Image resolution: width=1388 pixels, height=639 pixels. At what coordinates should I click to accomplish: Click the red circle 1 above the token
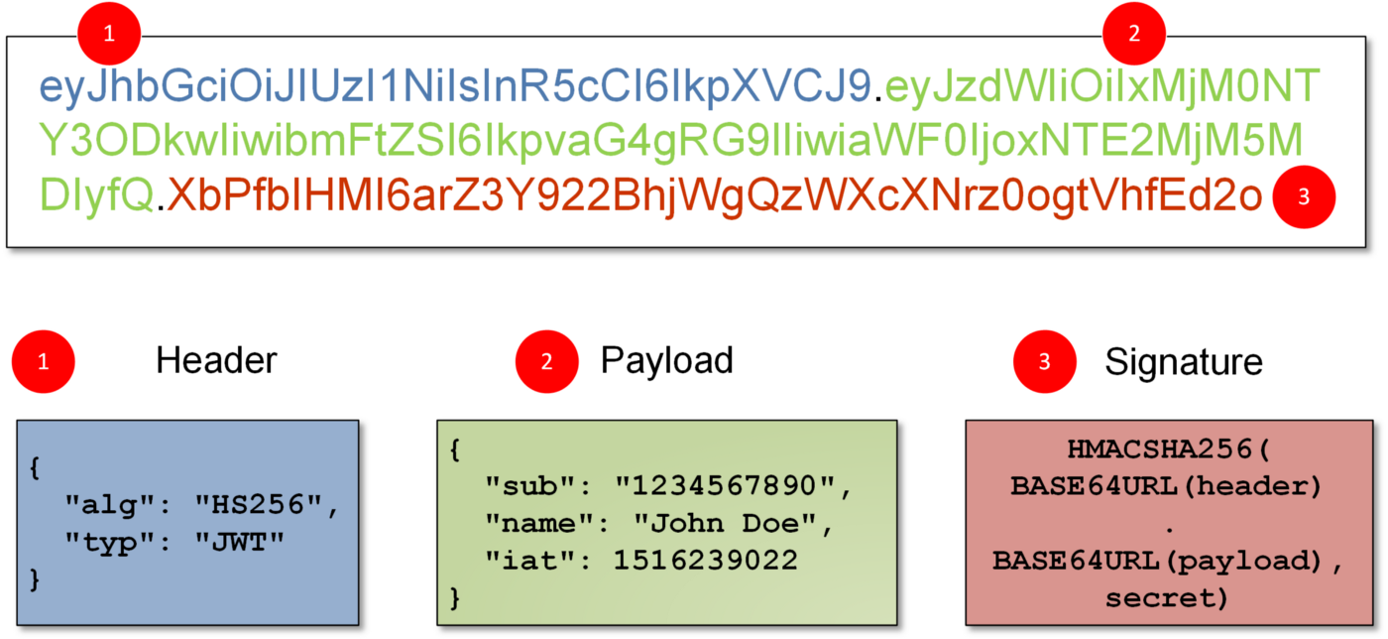pyautogui.click(x=109, y=34)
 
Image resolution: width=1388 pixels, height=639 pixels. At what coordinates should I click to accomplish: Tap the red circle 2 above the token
pyautogui.click(x=1134, y=34)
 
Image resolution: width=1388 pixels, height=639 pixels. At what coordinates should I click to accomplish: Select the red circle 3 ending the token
pyautogui.click(x=1304, y=196)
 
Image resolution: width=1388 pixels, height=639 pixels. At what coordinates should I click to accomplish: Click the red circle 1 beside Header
pyautogui.click(x=44, y=362)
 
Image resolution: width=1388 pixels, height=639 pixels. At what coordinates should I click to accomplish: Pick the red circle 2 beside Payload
pyautogui.click(x=546, y=362)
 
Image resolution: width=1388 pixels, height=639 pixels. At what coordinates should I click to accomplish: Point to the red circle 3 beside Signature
pyautogui.click(x=1045, y=362)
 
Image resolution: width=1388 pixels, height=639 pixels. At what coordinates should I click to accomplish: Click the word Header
pyautogui.click(x=216, y=360)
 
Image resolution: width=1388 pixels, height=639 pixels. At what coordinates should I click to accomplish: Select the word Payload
pyautogui.click(x=666, y=362)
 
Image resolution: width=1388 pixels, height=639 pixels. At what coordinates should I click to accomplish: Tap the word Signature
pyautogui.click(x=1184, y=363)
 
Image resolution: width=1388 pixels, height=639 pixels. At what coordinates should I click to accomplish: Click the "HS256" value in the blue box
pyautogui.click(x=259, y=505)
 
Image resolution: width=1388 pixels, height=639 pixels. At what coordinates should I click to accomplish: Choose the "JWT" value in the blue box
pyautogui.click(x=239, y=543)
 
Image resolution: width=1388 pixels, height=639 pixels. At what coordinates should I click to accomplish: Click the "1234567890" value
pyautogui.click(x=725, y=486)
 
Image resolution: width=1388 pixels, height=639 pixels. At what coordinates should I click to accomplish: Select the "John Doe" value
pyautogui.click(x=725, y=524)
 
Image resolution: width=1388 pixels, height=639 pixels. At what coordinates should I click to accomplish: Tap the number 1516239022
pyautogui.click(x=706, y=561)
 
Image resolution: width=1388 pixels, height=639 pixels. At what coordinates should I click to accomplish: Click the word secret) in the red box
pyautogui.click(x=1167, y=598)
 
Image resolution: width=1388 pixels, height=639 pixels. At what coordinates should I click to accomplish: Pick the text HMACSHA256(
pyautogui.click(x=1169, y=449)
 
